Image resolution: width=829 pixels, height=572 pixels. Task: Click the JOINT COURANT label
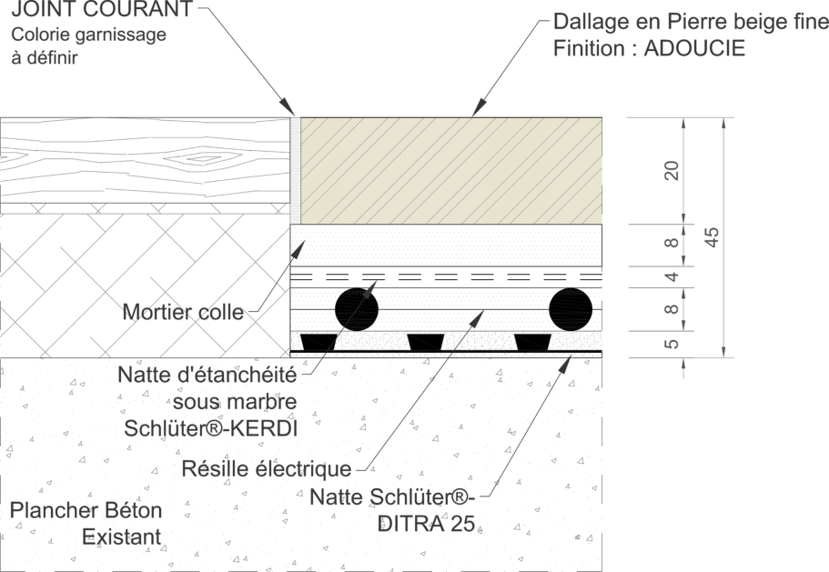[102, 9]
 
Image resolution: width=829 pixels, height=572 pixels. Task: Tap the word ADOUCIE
[694, 48]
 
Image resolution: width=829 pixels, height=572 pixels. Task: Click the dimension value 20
[671, 171]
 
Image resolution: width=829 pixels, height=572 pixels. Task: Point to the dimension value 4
[671, 276]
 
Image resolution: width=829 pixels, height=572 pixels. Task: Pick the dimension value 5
[671, 344]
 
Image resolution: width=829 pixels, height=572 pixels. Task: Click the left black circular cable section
[357, 309]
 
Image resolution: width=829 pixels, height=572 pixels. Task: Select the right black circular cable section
[571, 309]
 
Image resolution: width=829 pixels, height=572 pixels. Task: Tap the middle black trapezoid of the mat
[425, 342]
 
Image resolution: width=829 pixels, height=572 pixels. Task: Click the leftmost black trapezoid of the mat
[318, 342]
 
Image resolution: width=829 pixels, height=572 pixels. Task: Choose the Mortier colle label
[183, 312]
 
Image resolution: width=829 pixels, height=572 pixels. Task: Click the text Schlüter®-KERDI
[210, 428]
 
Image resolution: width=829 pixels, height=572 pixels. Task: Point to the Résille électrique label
[266, 468]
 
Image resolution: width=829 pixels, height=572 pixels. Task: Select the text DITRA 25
[427, 524]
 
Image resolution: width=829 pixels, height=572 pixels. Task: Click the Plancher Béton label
[86, 510]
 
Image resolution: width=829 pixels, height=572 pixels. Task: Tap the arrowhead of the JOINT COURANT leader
[287, 106]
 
